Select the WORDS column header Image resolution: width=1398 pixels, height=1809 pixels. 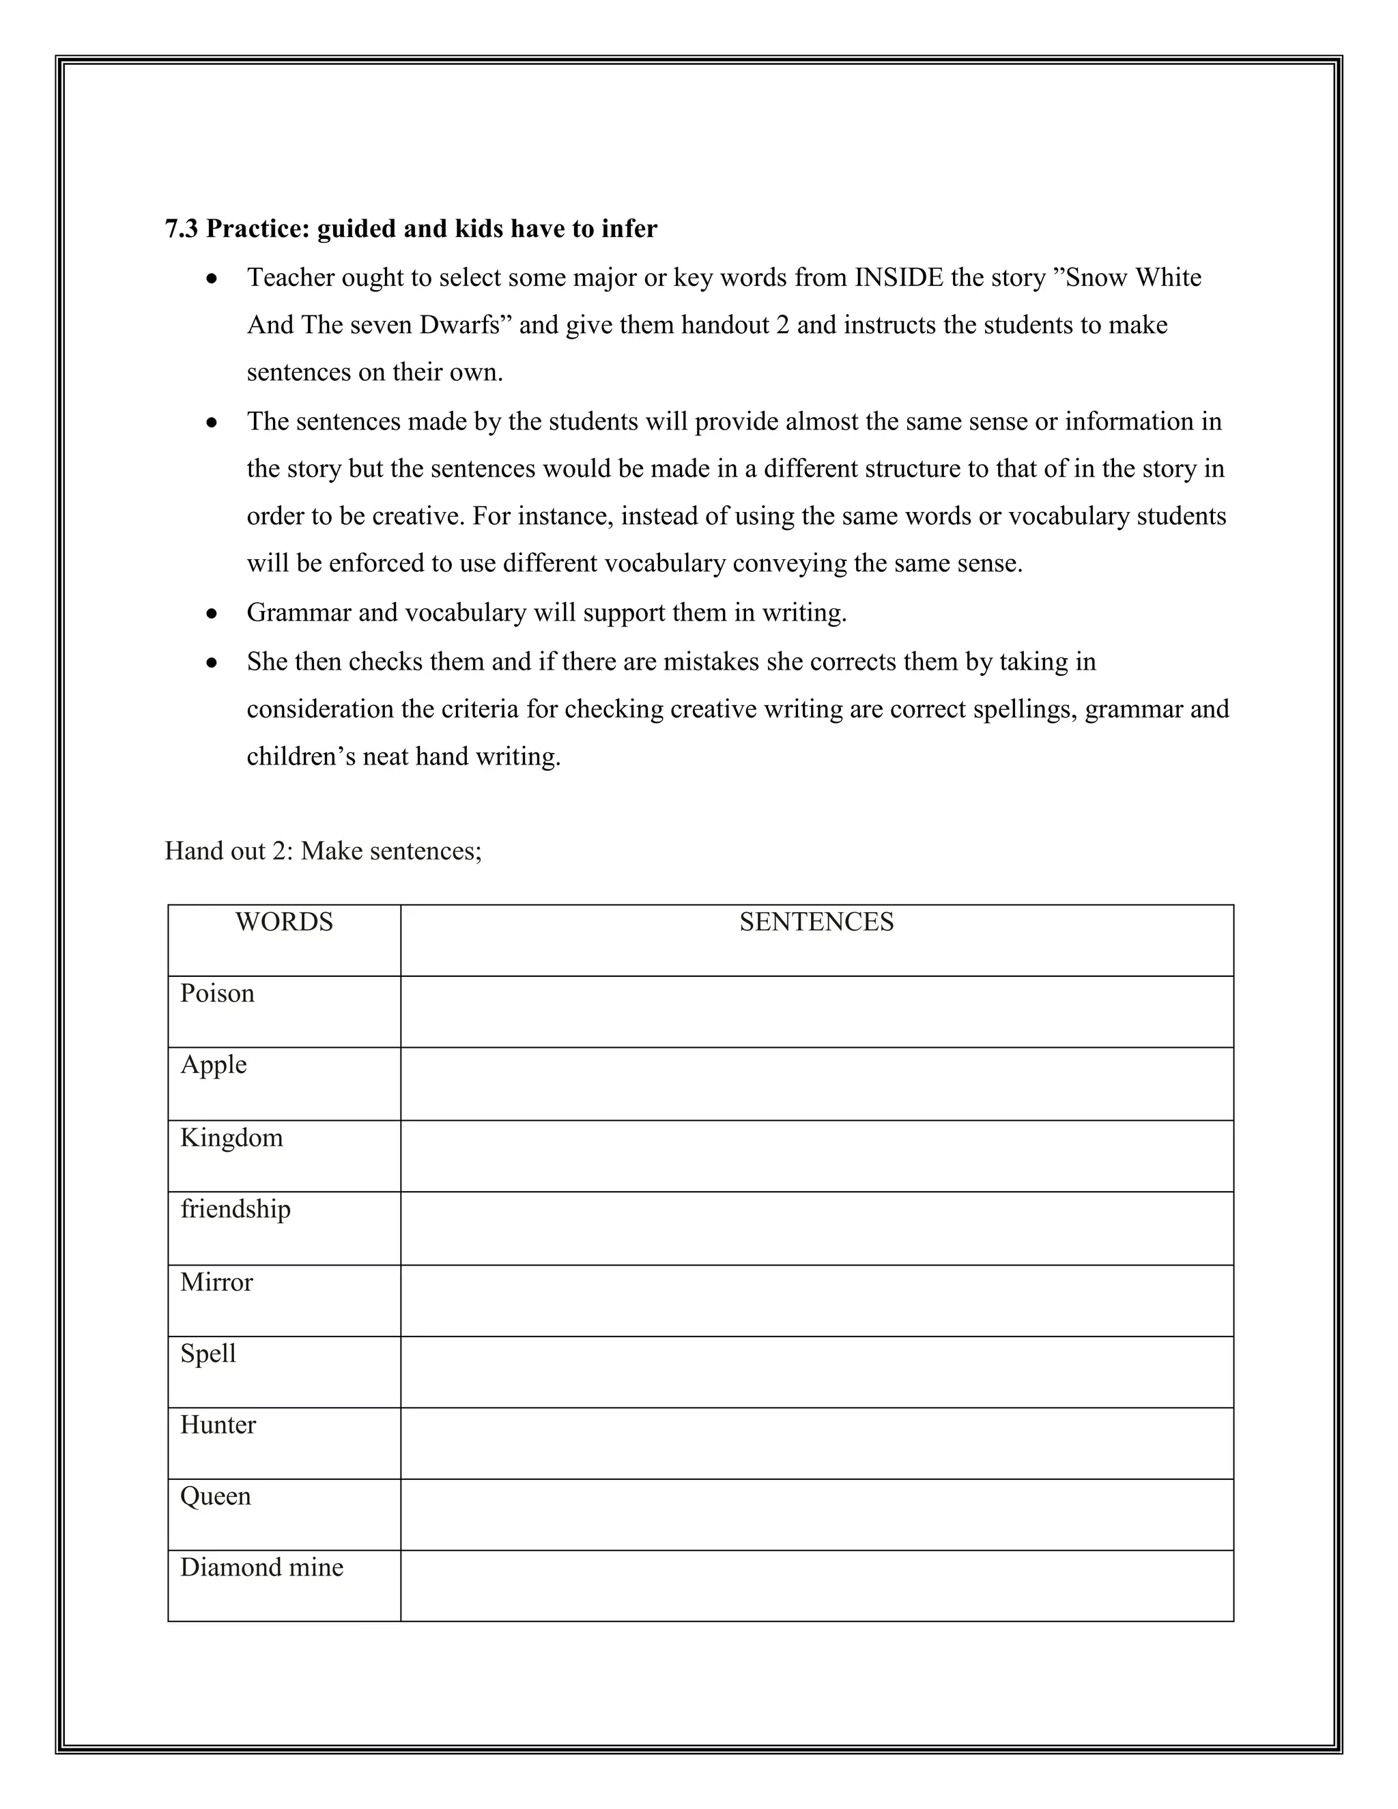(x=284, y=922)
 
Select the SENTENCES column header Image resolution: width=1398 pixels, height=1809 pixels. (x=816, y=922)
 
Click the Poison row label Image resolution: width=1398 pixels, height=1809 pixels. (x=217, y=993)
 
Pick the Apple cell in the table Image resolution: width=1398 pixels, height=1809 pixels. (x=214, y=1064)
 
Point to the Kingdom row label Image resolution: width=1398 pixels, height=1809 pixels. (x=231, y=1137)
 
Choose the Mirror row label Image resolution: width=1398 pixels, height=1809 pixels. (x=216, y=1282)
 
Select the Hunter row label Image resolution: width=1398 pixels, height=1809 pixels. (x=218, y=1425)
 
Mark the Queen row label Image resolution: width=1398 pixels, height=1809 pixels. (x=215, y=1496)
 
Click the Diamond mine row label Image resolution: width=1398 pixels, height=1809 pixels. (x=261, y=1567)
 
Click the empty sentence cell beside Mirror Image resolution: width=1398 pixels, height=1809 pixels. (x=816, y=1300)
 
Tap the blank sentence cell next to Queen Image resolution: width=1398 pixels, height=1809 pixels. (x=816, y=1514)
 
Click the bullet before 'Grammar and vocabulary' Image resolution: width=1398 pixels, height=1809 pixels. (x=213, y=614)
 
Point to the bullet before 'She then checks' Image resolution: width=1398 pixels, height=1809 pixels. (x=213, y=664)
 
